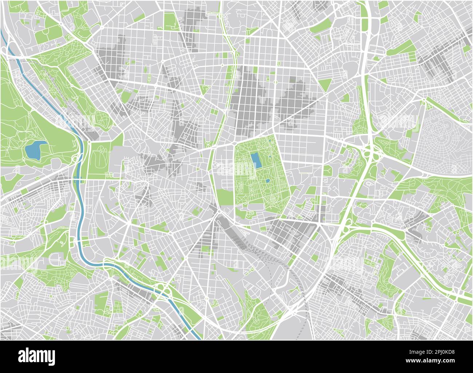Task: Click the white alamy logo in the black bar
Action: click(x=36, y=355)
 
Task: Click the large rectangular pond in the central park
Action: click(x=256, y=161)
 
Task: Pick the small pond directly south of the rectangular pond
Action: click(x=268, y=181)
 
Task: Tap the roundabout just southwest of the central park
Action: click(x=219, y=211)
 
